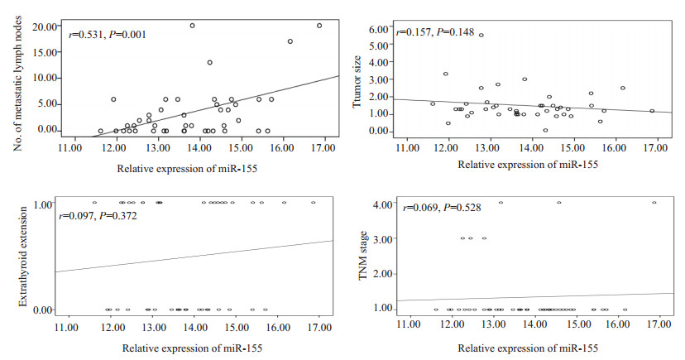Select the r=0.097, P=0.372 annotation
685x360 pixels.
click(97, 216)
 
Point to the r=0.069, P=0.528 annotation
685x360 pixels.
click(435, 217)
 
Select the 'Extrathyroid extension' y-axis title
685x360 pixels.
click(17, 257)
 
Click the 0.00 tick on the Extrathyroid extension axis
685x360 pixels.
click(46, 310)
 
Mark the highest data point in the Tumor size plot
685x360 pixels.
click(481, 35)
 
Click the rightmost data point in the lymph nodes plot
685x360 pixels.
click(319, 26)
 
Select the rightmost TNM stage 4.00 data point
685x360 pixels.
click(654, 202)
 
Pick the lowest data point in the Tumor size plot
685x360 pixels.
click(545, 130)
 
